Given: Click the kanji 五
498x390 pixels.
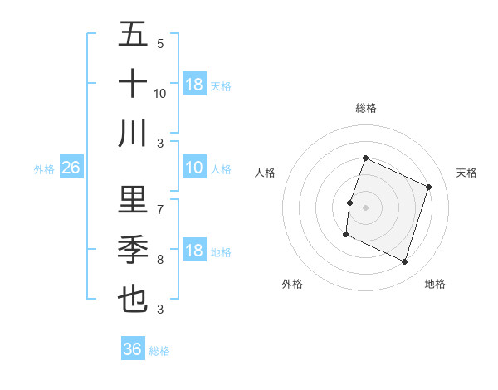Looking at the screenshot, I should [133, 36].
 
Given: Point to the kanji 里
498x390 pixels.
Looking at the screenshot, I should [133, 200].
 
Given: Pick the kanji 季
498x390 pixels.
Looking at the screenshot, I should [133, 249].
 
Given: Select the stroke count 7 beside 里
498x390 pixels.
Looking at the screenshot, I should [159, 209].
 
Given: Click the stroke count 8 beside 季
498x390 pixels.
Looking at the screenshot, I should [159, 260].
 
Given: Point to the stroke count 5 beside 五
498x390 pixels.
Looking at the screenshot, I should [159, 44].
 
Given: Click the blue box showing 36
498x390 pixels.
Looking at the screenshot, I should [133, 349].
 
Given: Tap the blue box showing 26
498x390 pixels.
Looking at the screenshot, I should [71, 168].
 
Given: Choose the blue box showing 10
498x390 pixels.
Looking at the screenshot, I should [194, 168].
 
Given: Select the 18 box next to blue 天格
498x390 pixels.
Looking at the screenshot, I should [194, 85].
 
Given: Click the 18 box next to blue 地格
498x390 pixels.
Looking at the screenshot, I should [194, 251].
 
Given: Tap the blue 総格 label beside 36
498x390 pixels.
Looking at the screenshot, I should [160, 351].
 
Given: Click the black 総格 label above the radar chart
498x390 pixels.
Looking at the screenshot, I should [365, 108].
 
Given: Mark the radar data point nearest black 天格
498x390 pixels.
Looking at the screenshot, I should [429, 187].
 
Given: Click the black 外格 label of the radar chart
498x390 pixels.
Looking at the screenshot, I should [292, 284].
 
